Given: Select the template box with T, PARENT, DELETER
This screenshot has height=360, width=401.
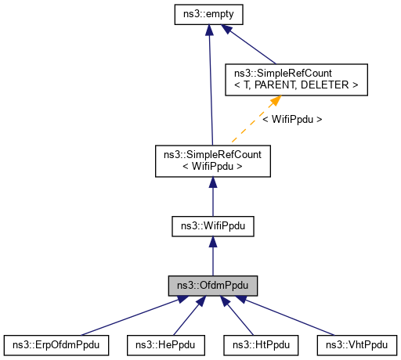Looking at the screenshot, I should [x=280, y=78].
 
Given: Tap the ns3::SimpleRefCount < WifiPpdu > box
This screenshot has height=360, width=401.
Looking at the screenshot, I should [x=212, y=159].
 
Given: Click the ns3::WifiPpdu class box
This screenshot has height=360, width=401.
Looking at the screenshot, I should [x=212, y=226].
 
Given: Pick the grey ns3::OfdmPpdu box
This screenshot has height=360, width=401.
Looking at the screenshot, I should [x=212, y=285].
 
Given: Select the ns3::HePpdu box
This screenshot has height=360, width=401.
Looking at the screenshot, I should [x=165, y=344].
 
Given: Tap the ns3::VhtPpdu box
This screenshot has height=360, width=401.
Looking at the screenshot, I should [x=356, y=344].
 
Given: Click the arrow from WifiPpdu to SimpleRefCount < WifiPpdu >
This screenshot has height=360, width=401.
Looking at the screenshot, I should [x=212, y=196].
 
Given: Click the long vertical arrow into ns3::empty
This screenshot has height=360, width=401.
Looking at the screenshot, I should [x=210, y=86].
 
